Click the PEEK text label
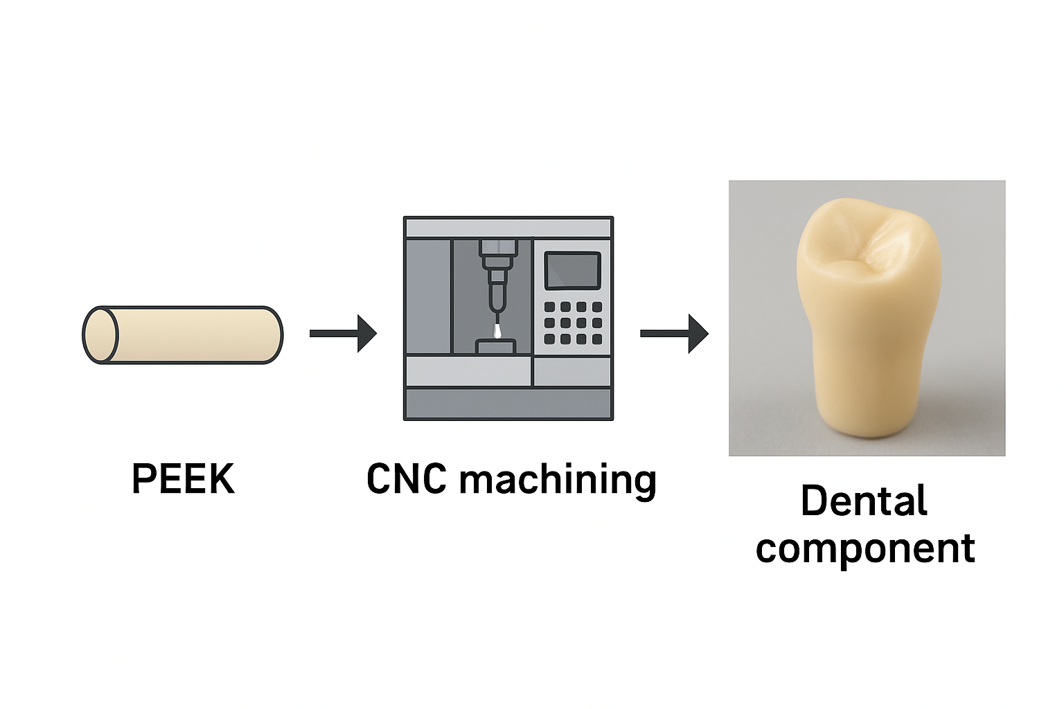point(183,479)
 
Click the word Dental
point(864,501)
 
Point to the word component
point(865,548)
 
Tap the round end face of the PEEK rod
point(101,335)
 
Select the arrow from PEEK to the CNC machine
point(343,334)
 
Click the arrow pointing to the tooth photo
point(673,334)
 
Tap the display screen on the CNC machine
point(572,271)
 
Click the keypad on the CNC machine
point(573,323)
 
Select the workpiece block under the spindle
point(496,346)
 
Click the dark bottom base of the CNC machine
point(508,404)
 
